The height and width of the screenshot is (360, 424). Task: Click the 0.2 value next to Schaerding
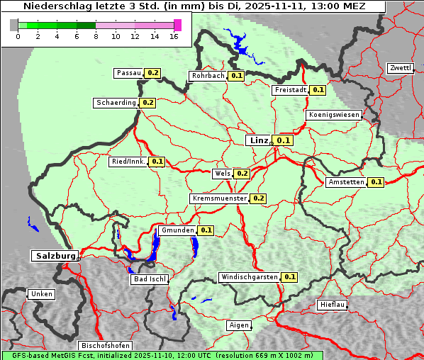click(148, 103)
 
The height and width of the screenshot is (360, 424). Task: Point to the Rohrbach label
click(208, 76)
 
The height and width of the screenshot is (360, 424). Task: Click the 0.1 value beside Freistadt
click(318, 90)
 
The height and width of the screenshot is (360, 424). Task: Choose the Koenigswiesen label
click(334, 114)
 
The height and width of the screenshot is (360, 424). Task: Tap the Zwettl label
click(400, 68)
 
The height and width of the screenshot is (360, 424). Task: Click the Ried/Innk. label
click(128, 162)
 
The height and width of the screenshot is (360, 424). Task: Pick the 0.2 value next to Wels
click(242, 173)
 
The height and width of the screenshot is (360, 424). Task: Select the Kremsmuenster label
click(219, 198)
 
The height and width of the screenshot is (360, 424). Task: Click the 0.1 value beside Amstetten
click(376, 182)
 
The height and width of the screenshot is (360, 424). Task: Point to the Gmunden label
click(177, 230)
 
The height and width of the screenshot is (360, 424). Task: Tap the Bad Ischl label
click(150, 279)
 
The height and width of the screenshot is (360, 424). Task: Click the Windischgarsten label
click(249, 277)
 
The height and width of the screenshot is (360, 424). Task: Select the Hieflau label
click(333, 305)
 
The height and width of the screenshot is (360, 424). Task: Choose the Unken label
click(41, 294)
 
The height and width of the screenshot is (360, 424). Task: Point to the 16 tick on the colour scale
click(174, 36)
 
